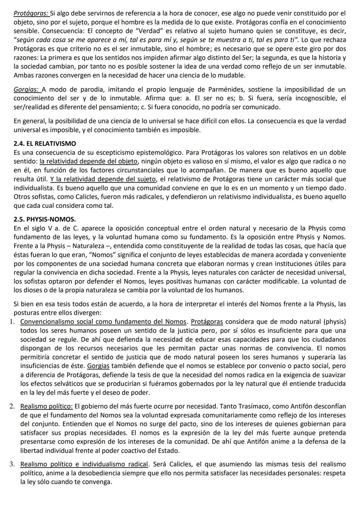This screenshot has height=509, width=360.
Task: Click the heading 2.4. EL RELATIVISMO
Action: (x=45, y=144)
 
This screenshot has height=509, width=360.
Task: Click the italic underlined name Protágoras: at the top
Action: (x=31, y=14)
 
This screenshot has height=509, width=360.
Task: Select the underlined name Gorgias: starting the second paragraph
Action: (x=28, y=90)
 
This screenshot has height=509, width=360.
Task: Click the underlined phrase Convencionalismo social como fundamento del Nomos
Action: (x=103, y=322)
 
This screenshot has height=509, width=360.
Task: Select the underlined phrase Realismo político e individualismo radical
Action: (x=84, y=464)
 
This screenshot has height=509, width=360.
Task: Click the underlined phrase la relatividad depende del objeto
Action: (x=88, y=162)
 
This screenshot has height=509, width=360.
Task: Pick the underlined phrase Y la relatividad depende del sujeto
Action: (x=103, y=179)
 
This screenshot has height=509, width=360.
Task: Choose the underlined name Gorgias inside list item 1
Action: (x=98, y=366)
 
